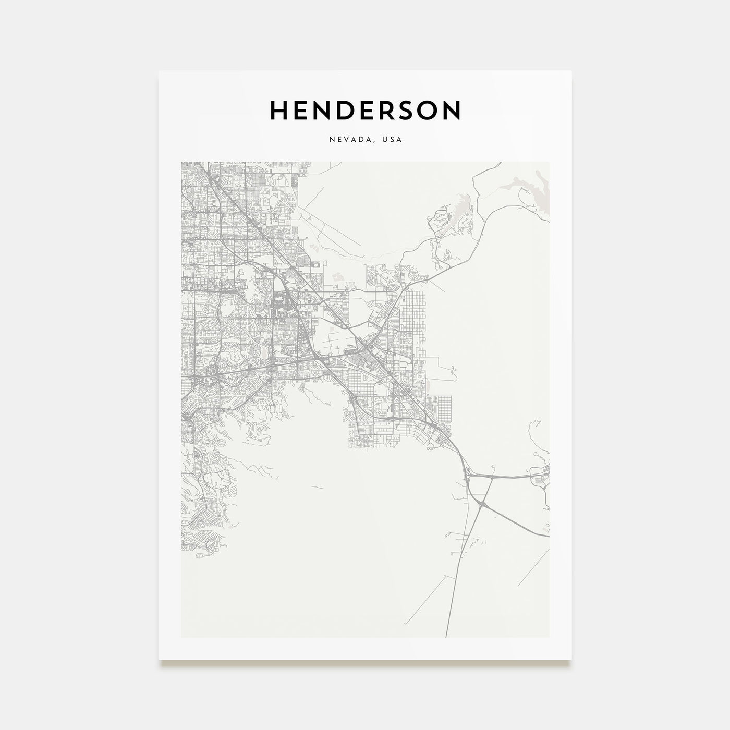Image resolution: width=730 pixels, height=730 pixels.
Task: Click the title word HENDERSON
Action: point(365,110)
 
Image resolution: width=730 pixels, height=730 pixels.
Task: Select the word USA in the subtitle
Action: point(391,140)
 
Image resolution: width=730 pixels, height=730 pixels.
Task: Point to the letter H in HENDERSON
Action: point(279,110)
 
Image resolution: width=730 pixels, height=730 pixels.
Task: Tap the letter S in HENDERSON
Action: point(411,110)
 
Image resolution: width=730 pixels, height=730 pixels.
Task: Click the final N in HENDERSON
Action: point(453,110)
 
